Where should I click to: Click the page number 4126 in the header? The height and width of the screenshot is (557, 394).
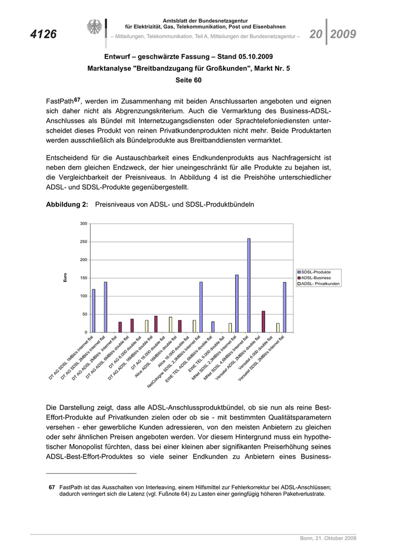point(43,34)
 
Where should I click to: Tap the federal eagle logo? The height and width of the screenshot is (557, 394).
point(94,27)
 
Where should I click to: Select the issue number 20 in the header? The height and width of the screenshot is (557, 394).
point(315,34)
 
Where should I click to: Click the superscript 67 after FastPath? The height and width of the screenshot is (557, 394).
point(78,100)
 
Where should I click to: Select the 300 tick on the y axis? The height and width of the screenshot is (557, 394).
point(83,224)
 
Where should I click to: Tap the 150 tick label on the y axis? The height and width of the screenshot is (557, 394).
point(83,278)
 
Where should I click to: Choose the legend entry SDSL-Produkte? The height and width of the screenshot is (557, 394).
point(316,272)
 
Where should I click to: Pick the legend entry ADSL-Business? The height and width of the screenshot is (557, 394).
point(316,278)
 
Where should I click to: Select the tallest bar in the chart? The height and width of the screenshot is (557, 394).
point(249,285)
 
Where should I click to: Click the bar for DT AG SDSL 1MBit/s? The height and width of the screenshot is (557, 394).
point(93,311)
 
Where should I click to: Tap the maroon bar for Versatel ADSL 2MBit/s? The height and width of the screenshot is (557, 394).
point(263,321)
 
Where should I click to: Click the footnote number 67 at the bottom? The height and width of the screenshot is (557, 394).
point(51,487)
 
